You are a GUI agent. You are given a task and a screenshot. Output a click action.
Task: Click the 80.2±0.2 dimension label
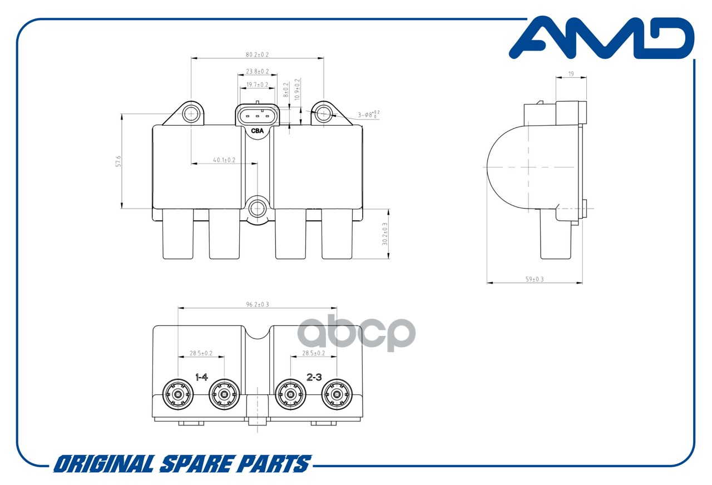coord(257,55)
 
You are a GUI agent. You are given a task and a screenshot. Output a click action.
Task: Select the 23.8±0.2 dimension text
coord(257,71)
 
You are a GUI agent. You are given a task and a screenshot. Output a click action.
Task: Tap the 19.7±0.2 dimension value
coord(257,85)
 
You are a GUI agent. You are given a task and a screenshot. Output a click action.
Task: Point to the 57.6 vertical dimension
coord(118,161)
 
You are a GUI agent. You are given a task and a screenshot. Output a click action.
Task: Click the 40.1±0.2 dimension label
coord(224,160)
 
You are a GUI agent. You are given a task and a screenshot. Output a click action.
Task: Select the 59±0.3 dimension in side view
coord(534,279)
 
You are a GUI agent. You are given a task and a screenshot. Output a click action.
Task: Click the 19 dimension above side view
coord(571,73)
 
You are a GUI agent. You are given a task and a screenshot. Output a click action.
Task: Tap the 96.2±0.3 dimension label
coord(257,304)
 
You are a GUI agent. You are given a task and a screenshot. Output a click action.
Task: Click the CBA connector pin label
coord(257,131)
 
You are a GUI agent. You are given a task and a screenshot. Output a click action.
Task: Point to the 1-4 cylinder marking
coord(201,377)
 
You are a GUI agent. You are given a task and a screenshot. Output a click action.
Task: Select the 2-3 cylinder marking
coord(314,377)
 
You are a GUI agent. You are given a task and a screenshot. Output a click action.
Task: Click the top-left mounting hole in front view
coord(191,114)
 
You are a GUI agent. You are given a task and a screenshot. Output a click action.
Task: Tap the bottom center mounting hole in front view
coord(257,209)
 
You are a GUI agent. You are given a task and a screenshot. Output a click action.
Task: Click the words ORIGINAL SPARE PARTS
coord(182,464)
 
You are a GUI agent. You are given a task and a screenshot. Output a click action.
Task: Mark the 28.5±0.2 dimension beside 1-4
coord(201,353)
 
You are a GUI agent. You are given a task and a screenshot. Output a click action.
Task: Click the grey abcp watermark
coord(357,333)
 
